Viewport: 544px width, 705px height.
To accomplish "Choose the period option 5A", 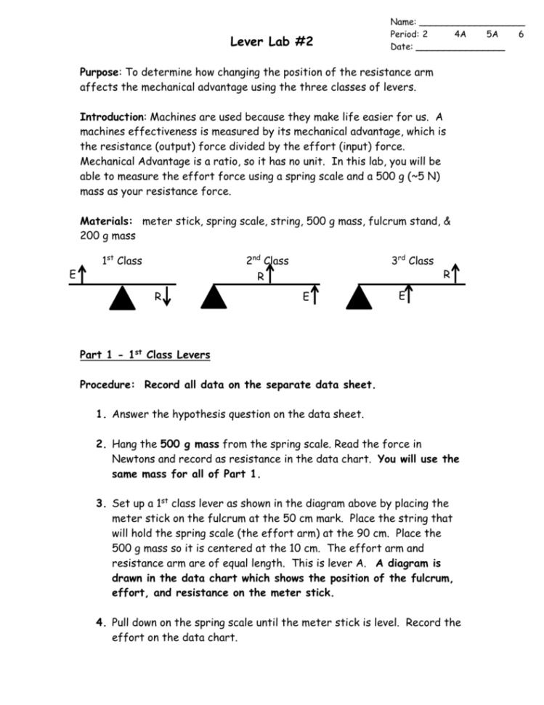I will (x=493, y=34).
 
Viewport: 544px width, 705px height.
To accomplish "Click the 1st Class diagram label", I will (x=122, y=261).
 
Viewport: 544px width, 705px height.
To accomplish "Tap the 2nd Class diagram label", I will (x=267, y=261).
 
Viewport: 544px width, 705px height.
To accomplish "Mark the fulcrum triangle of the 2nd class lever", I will (x=213, y=297).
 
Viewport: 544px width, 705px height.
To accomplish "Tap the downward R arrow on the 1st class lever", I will (x=166, y=297).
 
